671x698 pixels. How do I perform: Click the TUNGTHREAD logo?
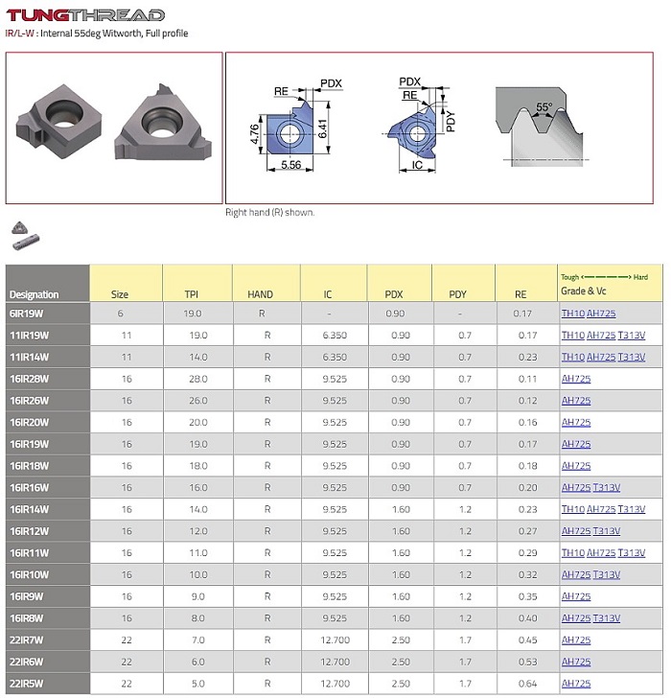tap(86, 14)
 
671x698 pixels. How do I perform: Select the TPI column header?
tap(192, 294)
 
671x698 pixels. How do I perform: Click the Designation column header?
tap(34, 294)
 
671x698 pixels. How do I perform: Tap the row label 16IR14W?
tap(29, 509)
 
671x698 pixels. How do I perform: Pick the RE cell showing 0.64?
tap(526, 684)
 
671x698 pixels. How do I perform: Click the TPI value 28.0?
tap(192, 379)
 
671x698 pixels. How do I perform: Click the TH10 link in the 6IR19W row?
tap(572, 313)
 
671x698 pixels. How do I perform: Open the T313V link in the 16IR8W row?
tap(605, 618)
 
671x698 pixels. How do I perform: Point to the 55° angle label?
tap(544, 108)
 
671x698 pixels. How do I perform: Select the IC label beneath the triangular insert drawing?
tap(418, 166)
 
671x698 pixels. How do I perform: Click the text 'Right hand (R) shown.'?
tap(269, 212)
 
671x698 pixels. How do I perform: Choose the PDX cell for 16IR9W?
tap(401, 596)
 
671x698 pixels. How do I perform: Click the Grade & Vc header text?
tap(584, 291)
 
